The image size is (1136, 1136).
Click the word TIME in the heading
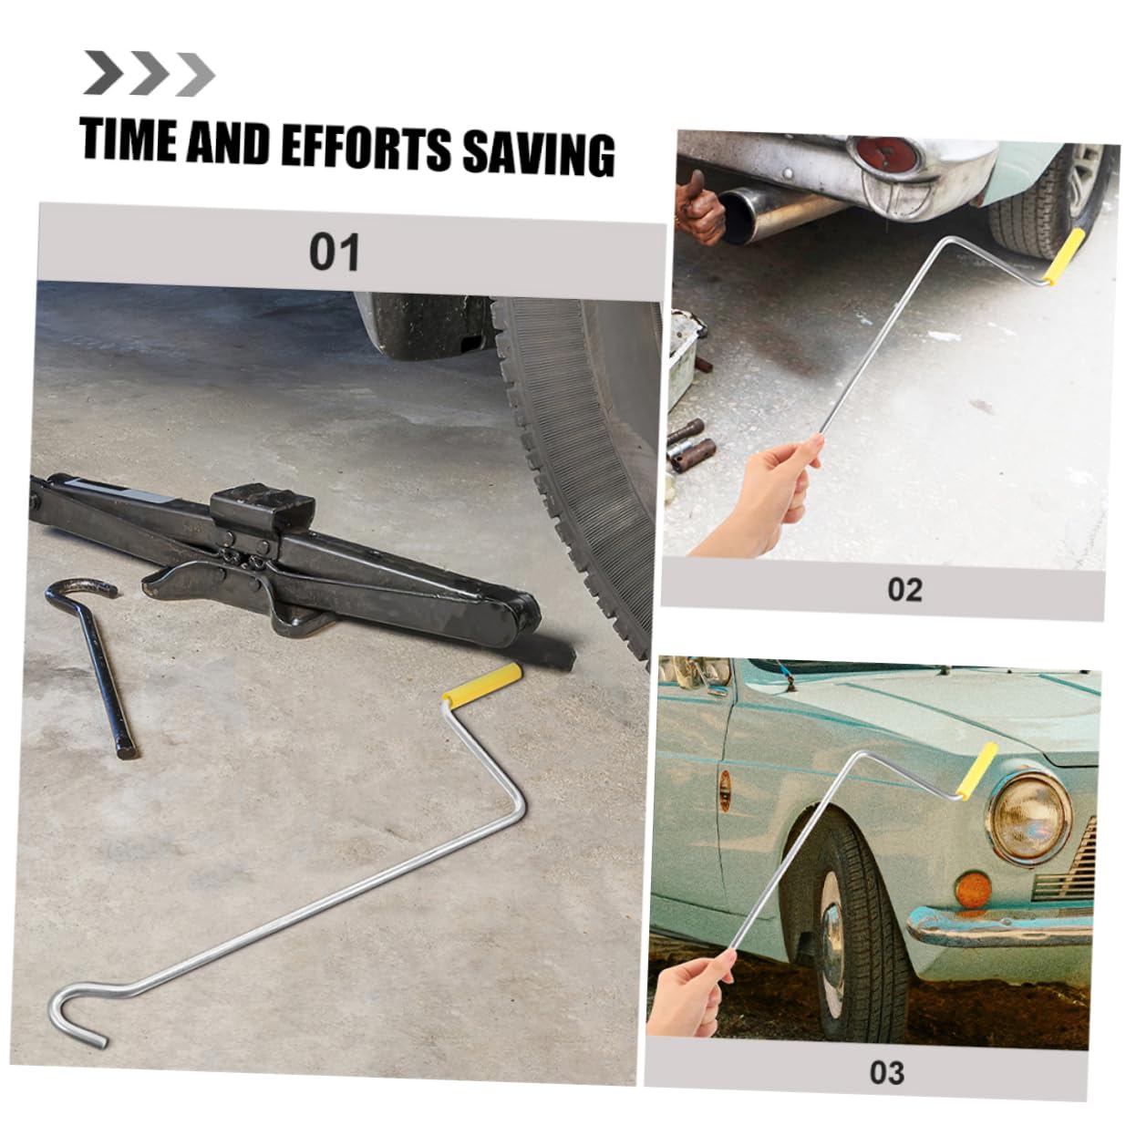(x=128, y=141)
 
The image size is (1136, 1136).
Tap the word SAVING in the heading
(x=538, y=151)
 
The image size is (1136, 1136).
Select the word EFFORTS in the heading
(x=365, y=147)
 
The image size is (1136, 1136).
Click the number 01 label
(x=334, y=253)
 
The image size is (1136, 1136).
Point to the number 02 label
(x=904, y=590)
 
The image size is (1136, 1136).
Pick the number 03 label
(x=886, y=1072)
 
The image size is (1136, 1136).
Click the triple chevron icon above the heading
(x=149, y=74)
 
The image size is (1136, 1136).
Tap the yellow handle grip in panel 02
(x=1066, y=257)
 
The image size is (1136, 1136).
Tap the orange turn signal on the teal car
(x=973, y=889)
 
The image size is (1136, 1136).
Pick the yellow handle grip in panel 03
(x=976, y=771)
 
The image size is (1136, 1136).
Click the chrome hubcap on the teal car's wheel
(x=831, y=939)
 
